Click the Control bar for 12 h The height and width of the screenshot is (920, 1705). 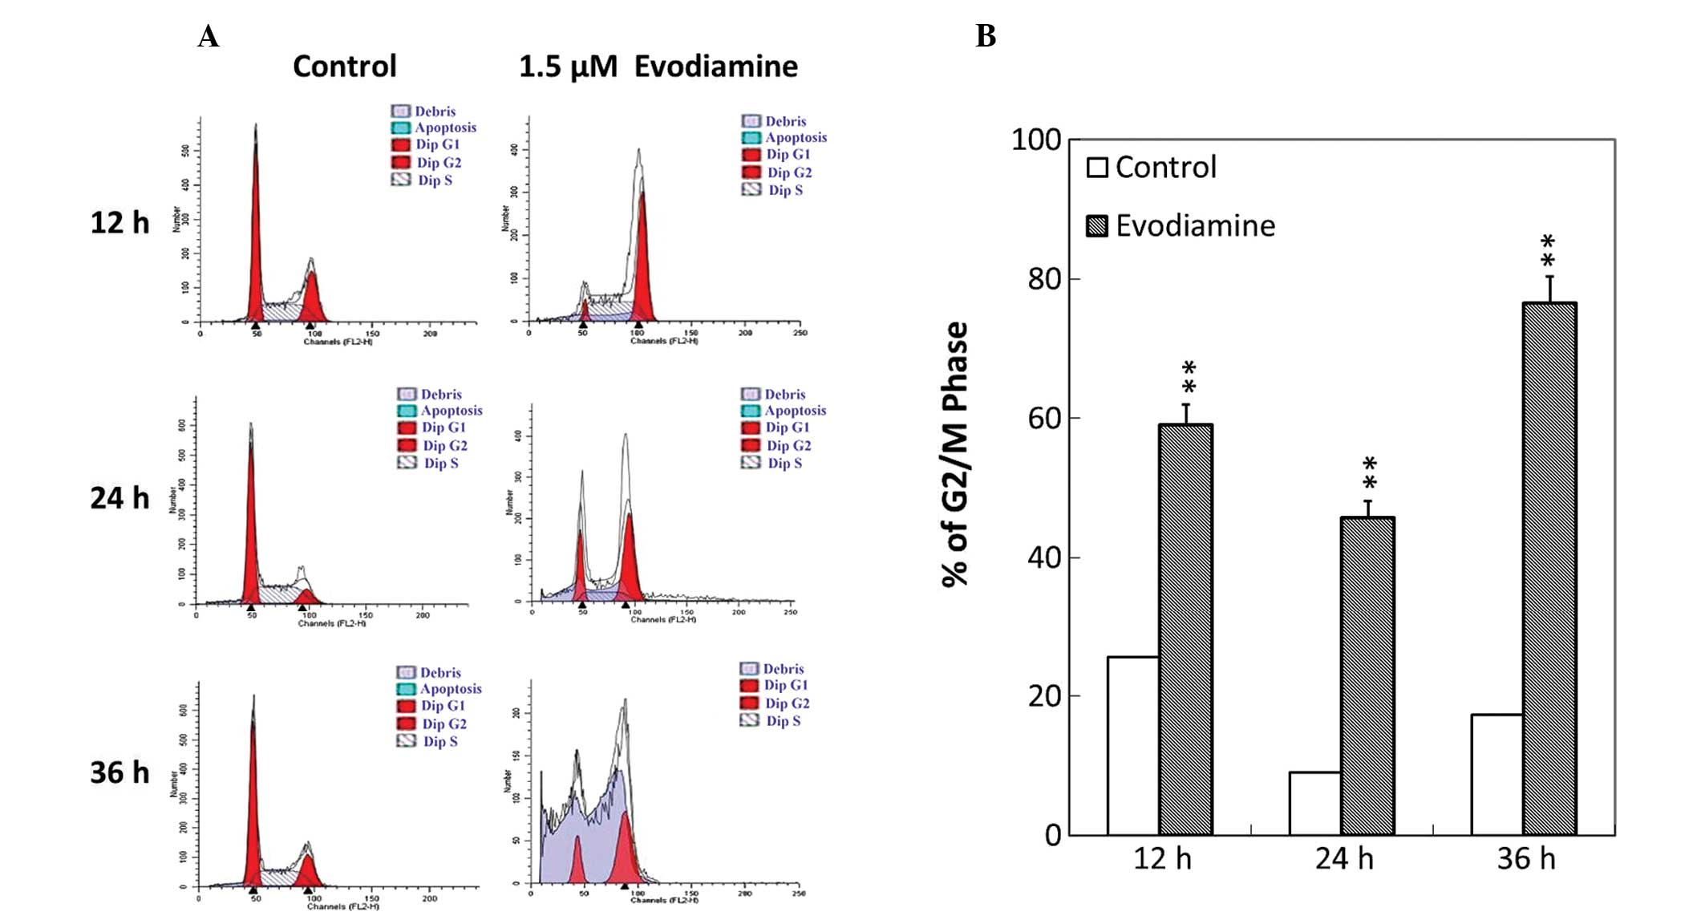pyautogui.click(x=1132, y=746)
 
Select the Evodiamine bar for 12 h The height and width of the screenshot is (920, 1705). pyautogui.click(x=1185, y=630)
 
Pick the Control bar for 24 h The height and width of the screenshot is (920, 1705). pyautogui.click(x=1314, y=803)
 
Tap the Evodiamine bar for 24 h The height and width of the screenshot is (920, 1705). pyautogui.click(x=1367, y=676)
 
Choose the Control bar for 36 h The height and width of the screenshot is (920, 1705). pyautogui.click(x=1496, y=774)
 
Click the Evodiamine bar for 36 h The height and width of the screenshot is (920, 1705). pyautogui.click(x=1549, y=569)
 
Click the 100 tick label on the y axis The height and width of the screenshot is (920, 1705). pyautogui.click(x=1035, y=140)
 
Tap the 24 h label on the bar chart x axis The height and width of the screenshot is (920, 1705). pyautogui.click(x=1343, y=859)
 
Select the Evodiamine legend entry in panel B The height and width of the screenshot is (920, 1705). pyautogui.click(x=1181, y=226)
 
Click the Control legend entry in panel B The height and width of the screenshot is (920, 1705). pyautogui.click(x=1152, y=168)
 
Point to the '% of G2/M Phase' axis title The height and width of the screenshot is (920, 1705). pyautogui.click(x=955, y=455)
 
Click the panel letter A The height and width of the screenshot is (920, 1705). pyautogui.click(x=209, y=37)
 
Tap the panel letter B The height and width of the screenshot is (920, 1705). pyautogui.click(x=986, y=36)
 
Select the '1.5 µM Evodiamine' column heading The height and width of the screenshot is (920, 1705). pyautogui.click(x=658, y=67)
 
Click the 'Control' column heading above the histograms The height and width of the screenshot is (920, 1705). pyautogui.click(x=344, y=67)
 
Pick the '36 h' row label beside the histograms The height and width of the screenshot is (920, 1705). pyautogui.click(x=119, y=772)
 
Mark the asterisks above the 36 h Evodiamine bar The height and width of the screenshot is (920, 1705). pyautogui.click(x=1548, y=251)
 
